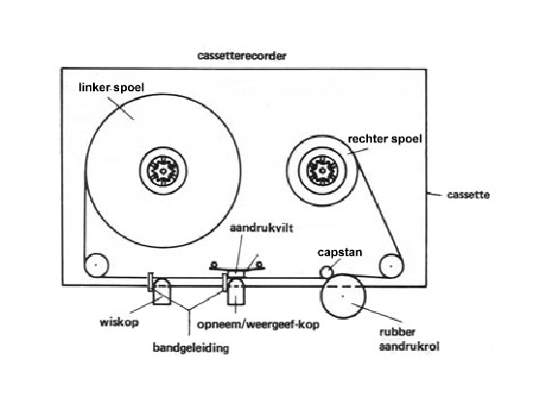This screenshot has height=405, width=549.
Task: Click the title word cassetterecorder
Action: [x=242, y=55]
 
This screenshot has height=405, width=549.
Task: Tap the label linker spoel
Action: [x=111, y=87]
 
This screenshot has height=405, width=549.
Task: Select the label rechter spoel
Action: [x=384, y=140]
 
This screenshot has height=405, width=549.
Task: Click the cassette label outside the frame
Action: [x=469, y=195]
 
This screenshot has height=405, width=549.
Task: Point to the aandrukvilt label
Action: [x=261, y=228]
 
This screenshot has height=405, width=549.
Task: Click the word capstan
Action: [x=340, y=253]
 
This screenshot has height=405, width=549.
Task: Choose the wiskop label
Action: [x=119, y=323]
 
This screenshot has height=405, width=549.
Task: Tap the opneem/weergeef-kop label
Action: [x=259, y=325]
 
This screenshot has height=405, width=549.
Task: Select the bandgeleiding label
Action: [x=191, y=348]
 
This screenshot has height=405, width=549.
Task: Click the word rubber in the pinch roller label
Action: [x=397, y=332]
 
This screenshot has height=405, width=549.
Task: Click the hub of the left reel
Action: [x=163, y=171]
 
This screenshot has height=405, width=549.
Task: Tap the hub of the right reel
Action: [x=322, y=171]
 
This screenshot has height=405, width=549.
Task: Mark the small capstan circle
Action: [x=326, y=271]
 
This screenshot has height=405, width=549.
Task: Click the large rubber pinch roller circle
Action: [x=343, y=296]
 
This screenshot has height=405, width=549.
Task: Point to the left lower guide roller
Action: [x=96, y=265]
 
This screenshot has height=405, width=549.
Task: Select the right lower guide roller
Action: [x=391, y=266]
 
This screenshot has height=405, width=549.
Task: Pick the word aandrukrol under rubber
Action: [x=410, y=347]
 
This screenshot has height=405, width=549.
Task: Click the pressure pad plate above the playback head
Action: [x=237, y=268]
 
